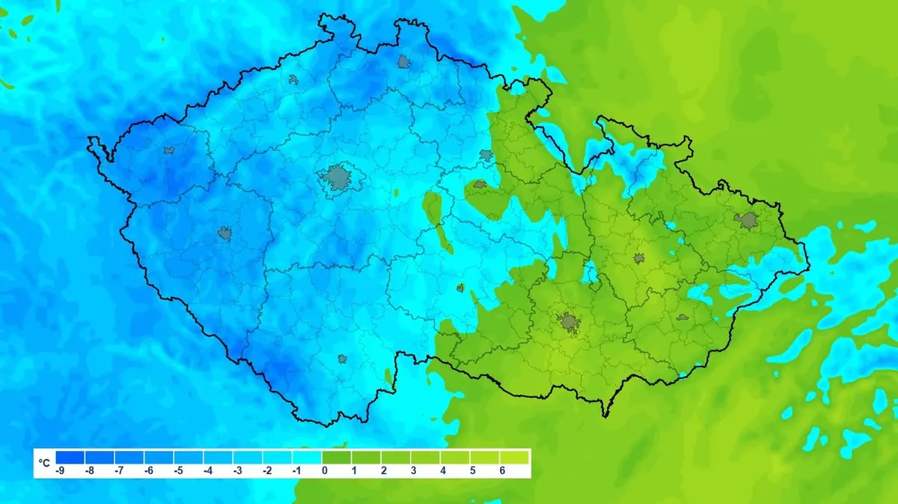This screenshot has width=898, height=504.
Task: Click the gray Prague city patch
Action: click(337, 178)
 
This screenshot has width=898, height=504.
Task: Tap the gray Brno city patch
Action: click(568, 322)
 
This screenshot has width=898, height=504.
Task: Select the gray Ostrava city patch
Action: click(747, 220)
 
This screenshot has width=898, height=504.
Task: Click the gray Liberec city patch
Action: click(405, 61)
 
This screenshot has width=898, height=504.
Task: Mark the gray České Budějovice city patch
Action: click(342, 359)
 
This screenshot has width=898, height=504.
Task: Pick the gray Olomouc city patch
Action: click(639, 258)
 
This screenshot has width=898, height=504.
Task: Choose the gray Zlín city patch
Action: click(682, 317)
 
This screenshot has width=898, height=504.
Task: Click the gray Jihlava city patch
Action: click(460, 287)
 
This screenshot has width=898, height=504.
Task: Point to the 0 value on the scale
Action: click(323, 471)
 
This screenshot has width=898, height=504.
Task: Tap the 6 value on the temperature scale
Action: click(501, 471)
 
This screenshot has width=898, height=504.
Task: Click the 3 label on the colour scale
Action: click(412, 471)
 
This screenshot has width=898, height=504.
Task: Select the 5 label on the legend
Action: click(471, 471)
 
